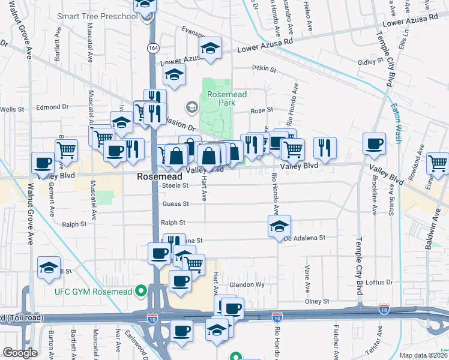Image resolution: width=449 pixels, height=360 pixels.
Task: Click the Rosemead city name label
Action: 159,177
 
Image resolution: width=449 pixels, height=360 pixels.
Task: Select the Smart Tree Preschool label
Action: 97,16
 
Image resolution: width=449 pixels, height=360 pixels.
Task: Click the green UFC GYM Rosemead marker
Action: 141,292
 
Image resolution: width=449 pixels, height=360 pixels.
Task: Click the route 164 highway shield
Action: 154,47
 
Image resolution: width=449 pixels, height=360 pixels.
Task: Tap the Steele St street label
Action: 175,186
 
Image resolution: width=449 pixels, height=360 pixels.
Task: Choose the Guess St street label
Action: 175,204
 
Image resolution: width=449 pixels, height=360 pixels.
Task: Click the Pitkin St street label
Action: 264,70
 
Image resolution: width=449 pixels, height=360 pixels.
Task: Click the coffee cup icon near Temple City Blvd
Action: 375,144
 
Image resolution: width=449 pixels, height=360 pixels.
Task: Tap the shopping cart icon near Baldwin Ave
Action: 438,163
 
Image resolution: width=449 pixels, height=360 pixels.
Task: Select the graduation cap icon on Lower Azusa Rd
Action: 210,48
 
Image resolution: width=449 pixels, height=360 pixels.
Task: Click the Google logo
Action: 20,353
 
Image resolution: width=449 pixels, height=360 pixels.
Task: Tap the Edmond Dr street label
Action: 53,107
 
